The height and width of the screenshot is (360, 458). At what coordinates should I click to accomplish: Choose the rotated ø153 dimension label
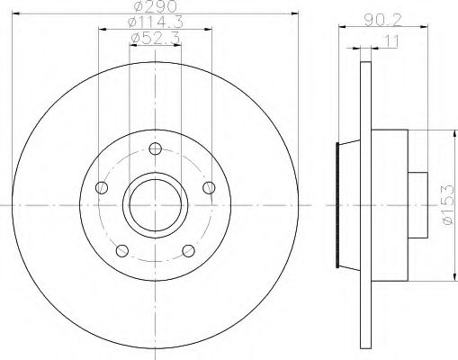446,210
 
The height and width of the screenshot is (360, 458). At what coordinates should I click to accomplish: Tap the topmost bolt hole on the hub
155,149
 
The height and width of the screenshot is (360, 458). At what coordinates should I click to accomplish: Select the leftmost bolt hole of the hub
102,188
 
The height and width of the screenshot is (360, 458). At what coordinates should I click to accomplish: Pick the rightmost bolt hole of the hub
210,187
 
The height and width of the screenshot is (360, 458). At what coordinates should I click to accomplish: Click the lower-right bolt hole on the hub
189,251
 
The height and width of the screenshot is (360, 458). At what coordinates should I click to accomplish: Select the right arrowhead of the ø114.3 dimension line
209,29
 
